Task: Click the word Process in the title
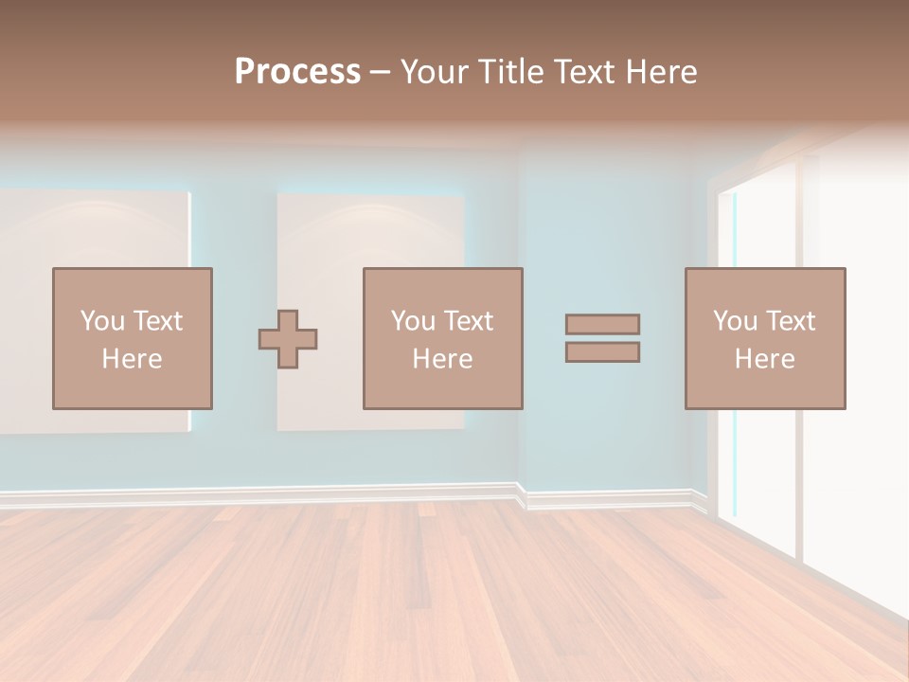297,72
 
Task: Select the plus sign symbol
288,339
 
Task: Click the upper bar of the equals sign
602,325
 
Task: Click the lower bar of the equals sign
602,352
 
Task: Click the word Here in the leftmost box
132,359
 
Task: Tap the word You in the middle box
413,321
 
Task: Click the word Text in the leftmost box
158,321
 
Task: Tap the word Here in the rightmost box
764,359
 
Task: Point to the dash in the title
381,72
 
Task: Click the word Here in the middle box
442,359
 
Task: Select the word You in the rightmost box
735,321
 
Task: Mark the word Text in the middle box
469,321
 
